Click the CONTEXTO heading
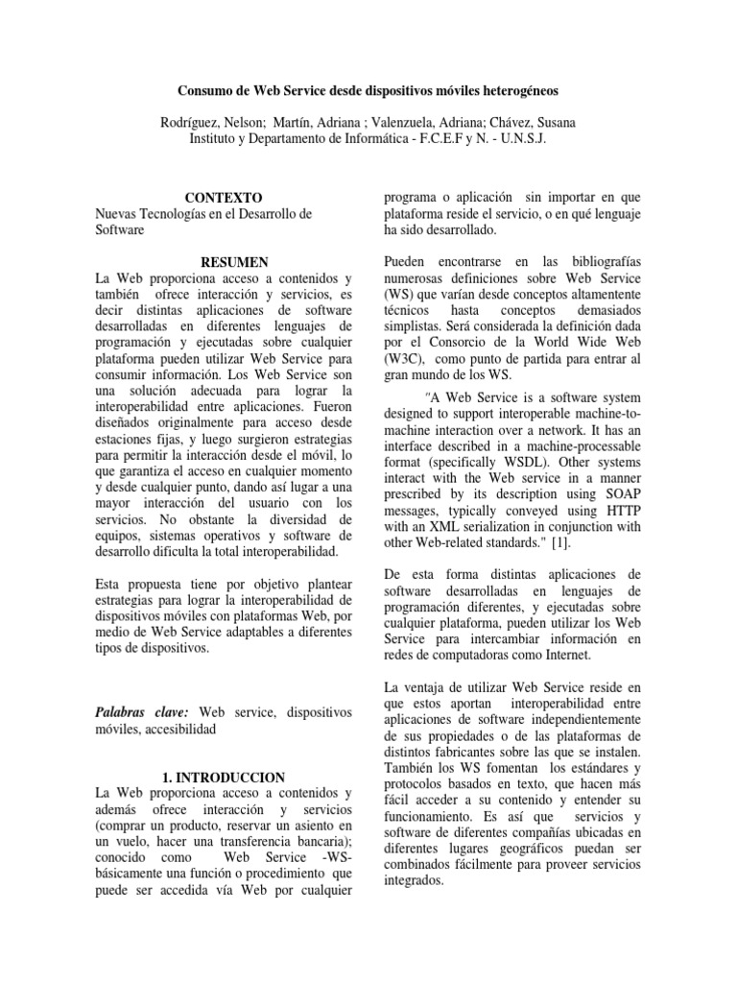[223, 196]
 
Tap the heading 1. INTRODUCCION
[225, 777]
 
